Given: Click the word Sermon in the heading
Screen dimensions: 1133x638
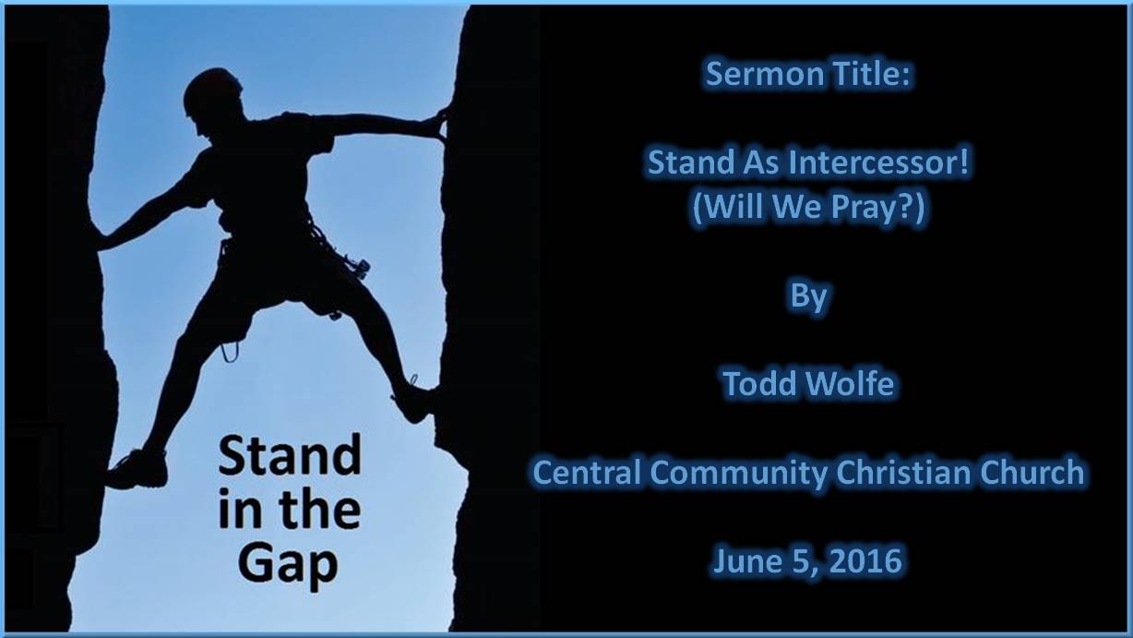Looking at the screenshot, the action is click(761, 74).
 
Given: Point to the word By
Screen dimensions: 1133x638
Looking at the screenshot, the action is click(808, 296).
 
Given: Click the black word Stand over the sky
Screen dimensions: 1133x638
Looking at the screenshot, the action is click(290, 456).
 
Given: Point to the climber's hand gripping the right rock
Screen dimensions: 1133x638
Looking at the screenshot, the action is click(435, 124).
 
